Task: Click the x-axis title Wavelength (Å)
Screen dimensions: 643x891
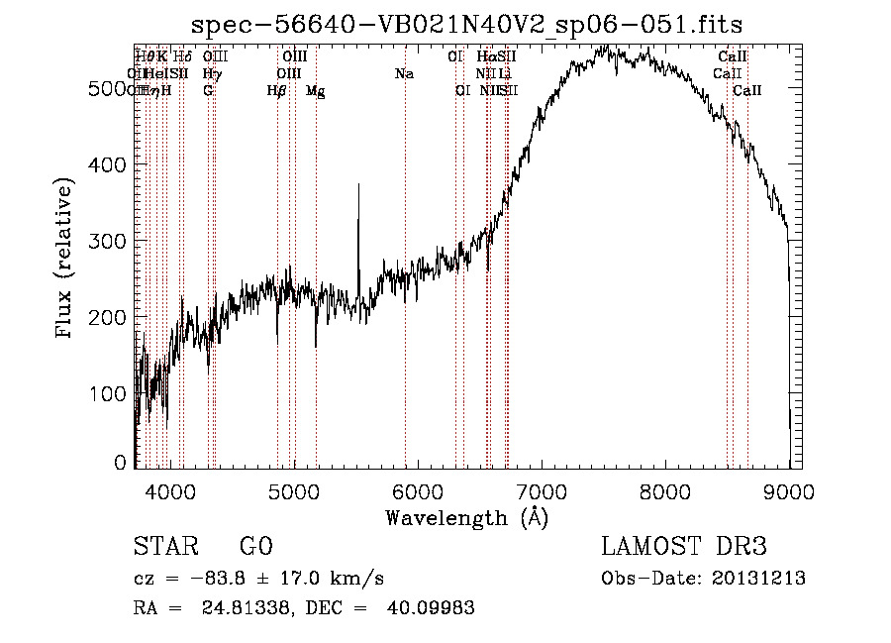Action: tap(466, 517)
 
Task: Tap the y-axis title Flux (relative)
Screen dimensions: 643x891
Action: tap(65, 260)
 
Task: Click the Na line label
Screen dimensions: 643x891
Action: tap(403, 73)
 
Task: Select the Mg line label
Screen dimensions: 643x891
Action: tap(315, 90)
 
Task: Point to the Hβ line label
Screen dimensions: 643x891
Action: tap(277, 90)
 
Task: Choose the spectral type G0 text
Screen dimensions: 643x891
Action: tap(255, 547)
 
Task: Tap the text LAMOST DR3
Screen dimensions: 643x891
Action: tap(683, 547)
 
